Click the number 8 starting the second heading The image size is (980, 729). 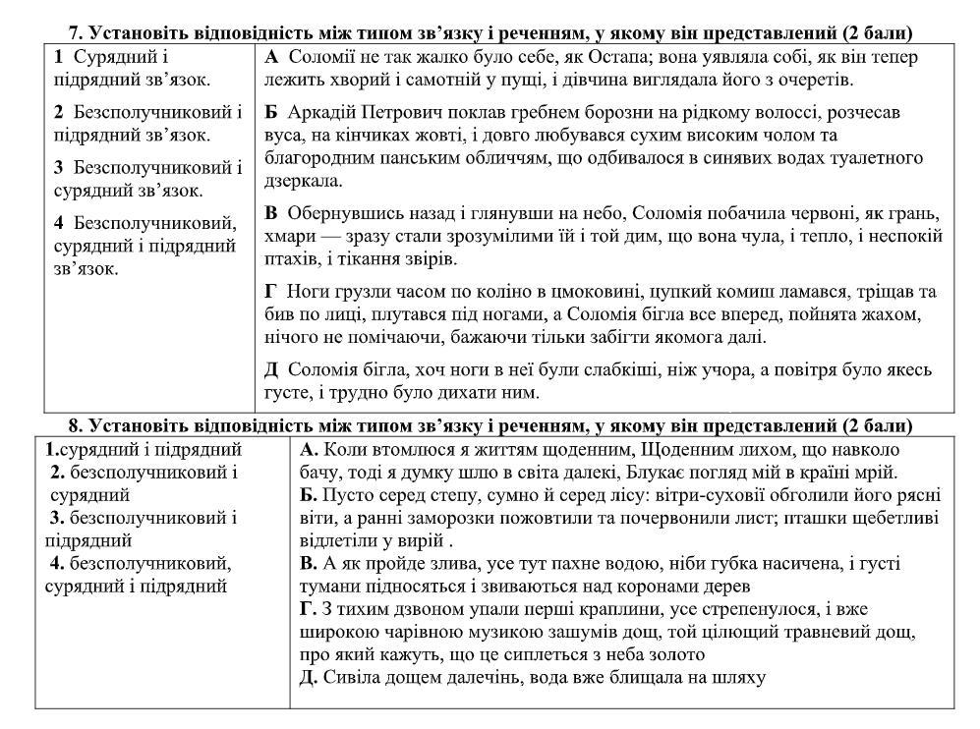tap(75, 425)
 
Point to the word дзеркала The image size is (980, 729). tap(302, 182)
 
